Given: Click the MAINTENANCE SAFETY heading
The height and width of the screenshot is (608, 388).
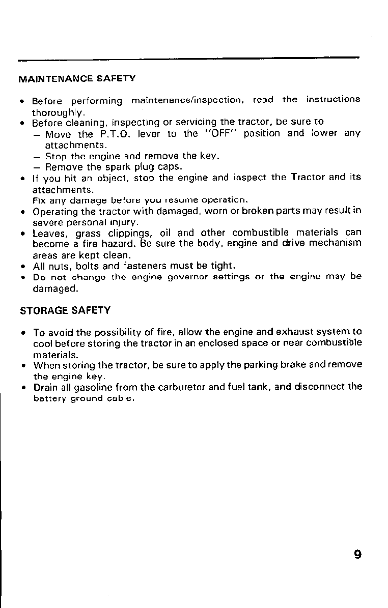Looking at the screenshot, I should pos(77,79).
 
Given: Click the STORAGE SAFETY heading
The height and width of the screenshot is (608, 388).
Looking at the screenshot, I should pos(65,310).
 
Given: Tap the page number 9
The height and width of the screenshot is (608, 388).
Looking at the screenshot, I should pos(357,554).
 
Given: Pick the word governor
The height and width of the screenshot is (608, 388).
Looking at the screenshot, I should pos(189,277).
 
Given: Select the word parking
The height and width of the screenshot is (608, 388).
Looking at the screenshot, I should pos(281,365).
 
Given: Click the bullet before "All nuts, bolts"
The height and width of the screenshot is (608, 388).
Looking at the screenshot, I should pos(23,266).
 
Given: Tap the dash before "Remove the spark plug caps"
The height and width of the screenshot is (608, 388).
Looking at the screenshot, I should pos(37,167).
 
